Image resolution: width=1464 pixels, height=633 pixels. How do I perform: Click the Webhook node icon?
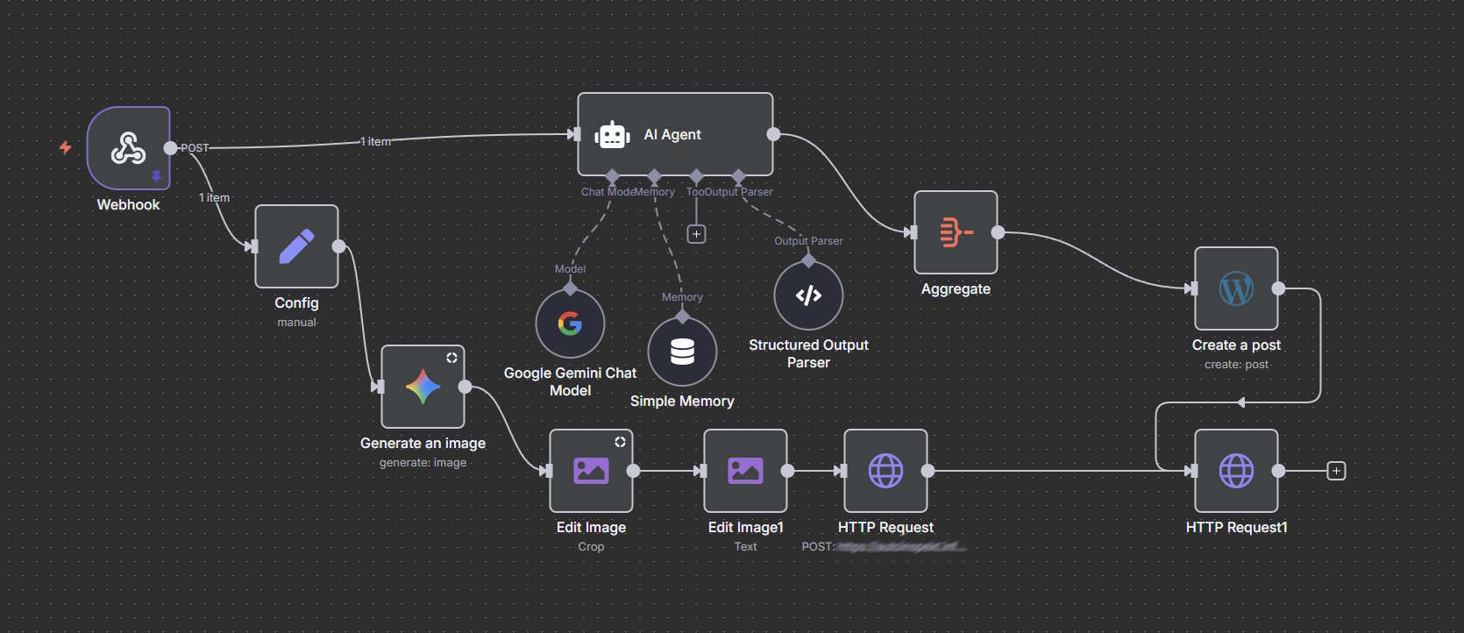pyautogui.click(x=128, y=148)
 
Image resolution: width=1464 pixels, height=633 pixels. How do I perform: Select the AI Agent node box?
pyautogui.click(x=675, y=134)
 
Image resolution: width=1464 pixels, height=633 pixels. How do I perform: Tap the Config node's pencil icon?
pyautogui.click(x=296, y=246)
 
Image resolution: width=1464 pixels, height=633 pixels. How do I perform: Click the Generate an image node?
pyautogui.click(x=423, y=387)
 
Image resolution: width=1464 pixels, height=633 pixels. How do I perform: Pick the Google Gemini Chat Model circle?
pyautogui.click(x=570, y=324)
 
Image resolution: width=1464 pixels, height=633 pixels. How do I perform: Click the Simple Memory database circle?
pyautogui.click(x=682, y=352)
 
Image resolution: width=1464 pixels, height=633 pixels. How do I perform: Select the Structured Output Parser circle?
pyautogui.click(x=808, y=295)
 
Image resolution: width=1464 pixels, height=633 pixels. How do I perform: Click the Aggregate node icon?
pyautogui.click(x=956, y=232)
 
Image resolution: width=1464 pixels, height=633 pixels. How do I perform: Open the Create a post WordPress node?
pyautogui.click(x=1236, y=288)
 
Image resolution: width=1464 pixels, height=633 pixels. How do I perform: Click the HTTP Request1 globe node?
pyautogui.click(x=1236, y=471)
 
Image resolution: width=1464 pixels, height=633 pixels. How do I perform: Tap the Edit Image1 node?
pyautogui.click(x=745, y=471)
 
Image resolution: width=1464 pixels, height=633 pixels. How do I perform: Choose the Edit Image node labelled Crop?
pyautogui.click(x=591, y=471)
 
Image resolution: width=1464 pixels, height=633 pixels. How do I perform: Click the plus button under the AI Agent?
pyautogui.click(x=696, y=234)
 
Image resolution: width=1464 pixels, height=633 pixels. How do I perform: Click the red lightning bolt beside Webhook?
pyautogui.click(x=65, y=147)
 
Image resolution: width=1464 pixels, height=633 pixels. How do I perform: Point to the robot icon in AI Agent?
pyautogui.click(x=612, y=135)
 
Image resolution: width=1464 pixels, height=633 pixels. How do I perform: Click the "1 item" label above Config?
pyautogui.click(x=214, y=198)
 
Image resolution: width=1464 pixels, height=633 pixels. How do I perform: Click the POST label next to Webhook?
pyautogui.click(x=195, y=148)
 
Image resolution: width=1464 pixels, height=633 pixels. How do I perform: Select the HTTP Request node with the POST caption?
pyautogui.click(x=885, y=471)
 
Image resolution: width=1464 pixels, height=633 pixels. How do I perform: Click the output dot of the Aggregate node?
pyautogui.click(x=998, y=232)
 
